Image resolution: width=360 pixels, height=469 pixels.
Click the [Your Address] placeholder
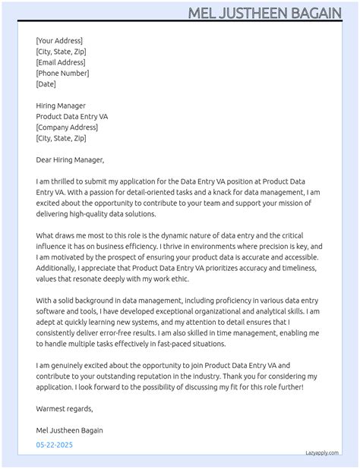(x=59, y=40)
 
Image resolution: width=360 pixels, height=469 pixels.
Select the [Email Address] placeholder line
(x=61, y=62)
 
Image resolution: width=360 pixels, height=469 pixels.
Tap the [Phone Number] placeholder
(x=62, y=73)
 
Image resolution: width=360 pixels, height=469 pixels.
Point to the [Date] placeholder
(x=46, y=84)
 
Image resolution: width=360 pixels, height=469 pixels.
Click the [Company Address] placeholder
(x=67, y=127)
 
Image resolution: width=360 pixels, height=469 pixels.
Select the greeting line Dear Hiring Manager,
(x=70, y=160)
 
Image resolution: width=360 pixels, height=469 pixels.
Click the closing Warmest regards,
(x=65, y=408)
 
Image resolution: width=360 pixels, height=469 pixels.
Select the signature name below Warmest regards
(x=70, y=430)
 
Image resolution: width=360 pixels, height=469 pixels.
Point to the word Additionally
(x=58, y=269)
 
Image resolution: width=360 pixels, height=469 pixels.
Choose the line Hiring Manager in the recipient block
(x=61, y=105)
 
